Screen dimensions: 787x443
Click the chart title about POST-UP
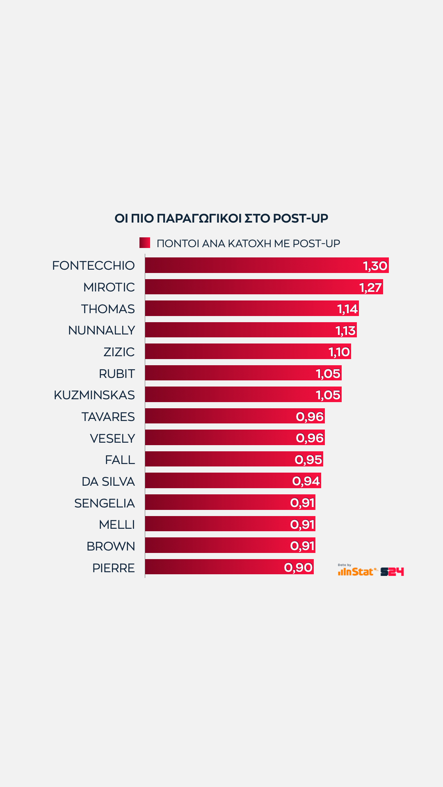coord(221,218)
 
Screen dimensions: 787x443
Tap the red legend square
coord(144,243)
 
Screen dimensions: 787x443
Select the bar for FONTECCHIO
coord(254,265)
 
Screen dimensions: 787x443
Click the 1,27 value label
coord(370,287)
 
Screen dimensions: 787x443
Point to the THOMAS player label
coord(108,309)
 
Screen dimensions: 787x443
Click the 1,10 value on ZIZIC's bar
coord(339,352)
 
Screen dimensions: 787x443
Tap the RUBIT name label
coord(117,373)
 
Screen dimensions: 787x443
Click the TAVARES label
coord(108,416)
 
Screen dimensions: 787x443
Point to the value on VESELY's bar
coord(310,438)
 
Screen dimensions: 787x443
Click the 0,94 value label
coord(306,481)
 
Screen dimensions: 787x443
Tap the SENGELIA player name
coord(105,503)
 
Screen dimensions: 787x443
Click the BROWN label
coord(111,546)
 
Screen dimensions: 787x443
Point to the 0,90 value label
coord(298,568)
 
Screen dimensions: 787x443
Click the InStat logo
coord(356,571)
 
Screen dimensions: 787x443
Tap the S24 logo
coord(392,572)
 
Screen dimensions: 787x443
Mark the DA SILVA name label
coord(108,481)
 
